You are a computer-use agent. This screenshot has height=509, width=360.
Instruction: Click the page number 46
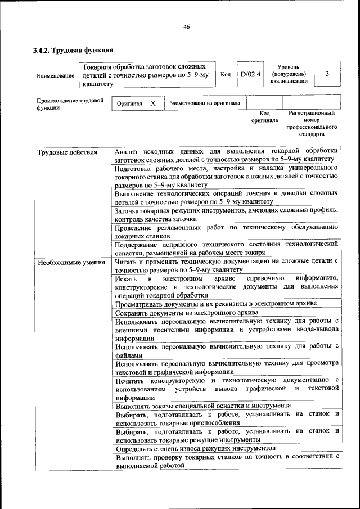coord(186,27)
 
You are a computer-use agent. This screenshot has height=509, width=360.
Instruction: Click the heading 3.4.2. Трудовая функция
coord(70,50)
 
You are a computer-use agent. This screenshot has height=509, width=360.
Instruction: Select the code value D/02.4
coord(250,74)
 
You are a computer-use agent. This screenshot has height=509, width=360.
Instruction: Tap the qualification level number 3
coord(327,74)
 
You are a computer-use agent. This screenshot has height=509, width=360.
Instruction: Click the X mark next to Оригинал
coord(152,103)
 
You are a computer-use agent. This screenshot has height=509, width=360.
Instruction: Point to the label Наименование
coord(55,75)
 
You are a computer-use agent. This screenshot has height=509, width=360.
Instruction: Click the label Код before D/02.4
coord(226,74)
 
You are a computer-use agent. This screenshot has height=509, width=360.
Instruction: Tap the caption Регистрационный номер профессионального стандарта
coord(311,124)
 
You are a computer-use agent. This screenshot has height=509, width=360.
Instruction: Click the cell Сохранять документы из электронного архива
coord(187,312)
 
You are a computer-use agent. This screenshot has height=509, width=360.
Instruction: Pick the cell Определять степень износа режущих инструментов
coord(195,448)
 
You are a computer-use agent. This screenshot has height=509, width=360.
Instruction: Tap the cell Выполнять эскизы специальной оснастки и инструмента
coord(202,405)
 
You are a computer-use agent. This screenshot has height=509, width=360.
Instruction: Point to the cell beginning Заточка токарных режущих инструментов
coord(226,214)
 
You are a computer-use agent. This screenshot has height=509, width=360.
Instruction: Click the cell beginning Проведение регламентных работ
coord(226,231)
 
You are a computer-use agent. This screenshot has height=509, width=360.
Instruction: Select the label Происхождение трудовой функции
coord(70,105)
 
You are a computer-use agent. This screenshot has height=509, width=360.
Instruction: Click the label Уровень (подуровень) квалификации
coord(289,74)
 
